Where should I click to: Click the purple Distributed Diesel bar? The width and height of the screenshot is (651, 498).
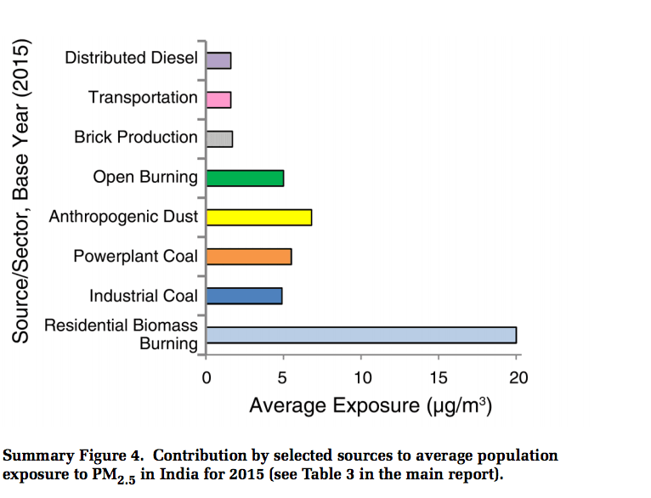(218, 60)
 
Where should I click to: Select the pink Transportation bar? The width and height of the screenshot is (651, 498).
(218, 99)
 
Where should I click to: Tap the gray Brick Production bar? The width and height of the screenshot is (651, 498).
(219, 139)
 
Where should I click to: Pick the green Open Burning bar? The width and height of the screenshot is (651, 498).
(245, 178)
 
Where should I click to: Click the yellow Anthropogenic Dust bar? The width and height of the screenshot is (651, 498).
(258, 217)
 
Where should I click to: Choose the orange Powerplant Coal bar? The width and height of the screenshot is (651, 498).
(249, 256)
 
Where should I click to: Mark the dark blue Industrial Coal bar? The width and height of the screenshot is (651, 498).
(244, 296)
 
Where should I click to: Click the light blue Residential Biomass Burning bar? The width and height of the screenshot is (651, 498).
(361, 335)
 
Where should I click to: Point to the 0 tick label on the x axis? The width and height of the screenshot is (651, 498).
(207, 377)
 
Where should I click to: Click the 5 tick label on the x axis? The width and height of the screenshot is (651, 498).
(284, 377)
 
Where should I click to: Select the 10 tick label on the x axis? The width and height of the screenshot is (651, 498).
(361, 377)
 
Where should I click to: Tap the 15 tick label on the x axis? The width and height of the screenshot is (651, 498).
(439, 377)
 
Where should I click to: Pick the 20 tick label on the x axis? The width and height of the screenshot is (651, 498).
(517, 377)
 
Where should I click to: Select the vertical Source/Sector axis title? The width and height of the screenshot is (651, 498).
(21, 191)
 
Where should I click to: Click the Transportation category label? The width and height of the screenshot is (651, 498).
(143, 98)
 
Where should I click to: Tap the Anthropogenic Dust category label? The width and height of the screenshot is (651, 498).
(123, 217)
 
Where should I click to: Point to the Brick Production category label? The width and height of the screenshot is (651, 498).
(136, 138)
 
